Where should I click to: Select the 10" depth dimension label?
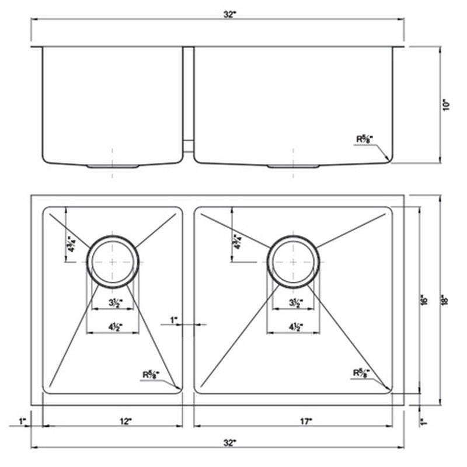[447, 105]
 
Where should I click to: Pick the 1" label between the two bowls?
[173, 320]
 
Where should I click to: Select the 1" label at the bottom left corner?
[22, 420]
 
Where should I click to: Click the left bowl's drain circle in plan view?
[113, 261]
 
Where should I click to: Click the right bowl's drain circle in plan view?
[295, 261]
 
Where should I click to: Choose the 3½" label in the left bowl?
[113, 302]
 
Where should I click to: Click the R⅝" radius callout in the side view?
[364, 140]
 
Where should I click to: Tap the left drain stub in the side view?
[112, 166]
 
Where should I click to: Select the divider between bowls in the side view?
[188, 99]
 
